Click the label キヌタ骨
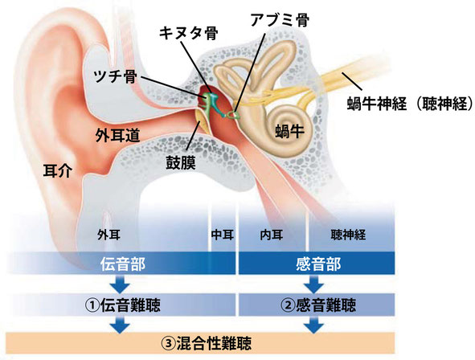point(188,33)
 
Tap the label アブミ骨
point(280,19)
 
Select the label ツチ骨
point(115,76)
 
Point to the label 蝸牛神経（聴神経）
point(410,104)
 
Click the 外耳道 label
point(117,135)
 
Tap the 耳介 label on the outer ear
point(58,170)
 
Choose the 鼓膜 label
point(181,162)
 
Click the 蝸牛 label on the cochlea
point(289,131)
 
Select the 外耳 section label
point(109,235)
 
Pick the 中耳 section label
point(223,235)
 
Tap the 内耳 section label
point(272,235)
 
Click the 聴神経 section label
point(348,235)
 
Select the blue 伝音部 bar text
point(123,264)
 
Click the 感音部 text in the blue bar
point(318,264)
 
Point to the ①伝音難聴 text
point(122,305)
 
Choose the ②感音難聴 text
point(317,305)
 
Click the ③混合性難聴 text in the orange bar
point(206,343)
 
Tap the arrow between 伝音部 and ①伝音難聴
point(121,284)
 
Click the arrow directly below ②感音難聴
point(314,325)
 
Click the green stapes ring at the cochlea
point(233,115)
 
